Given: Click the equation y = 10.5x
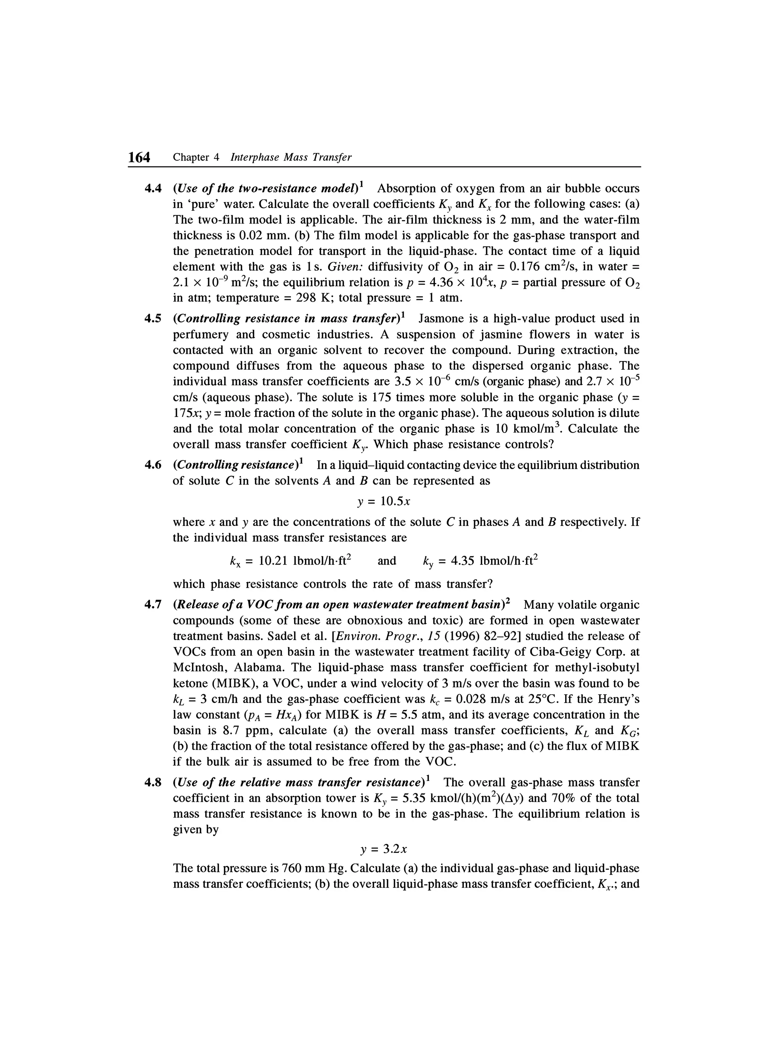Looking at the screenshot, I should coord(384,502).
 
